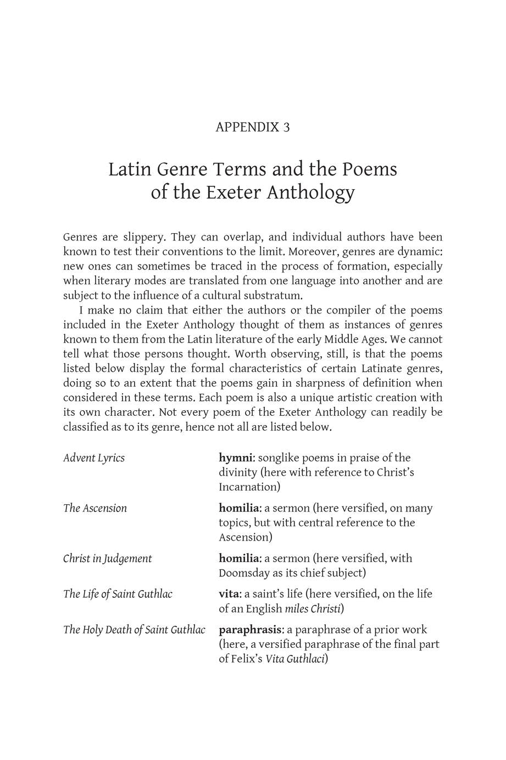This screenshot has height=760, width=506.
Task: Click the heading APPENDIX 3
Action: pyautogui.click(x=253, y=127)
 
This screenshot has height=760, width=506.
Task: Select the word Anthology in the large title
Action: pyautogui.click(x=310, y=192)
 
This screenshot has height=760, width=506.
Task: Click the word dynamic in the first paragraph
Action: pyautogui.click(x=422, y=252)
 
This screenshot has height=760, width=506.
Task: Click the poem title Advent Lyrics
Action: pyautogui.click(x=94, y=458)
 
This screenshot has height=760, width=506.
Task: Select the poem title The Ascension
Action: pyautogui.click(x=95, y=508)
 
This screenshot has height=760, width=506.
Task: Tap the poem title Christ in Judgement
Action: pyautogui.click(x=108, y=559)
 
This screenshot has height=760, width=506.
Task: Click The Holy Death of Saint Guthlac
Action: pyautogui.click(x=135, y=630)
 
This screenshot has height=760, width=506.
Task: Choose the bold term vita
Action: pyautogui.click(x=229, y=594)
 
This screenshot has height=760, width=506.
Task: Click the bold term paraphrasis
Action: pyautogui.click(x=251, y=630)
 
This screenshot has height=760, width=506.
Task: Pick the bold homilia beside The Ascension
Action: pyautogui.click(x=239, y=508)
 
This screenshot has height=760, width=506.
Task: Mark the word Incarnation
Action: pyautogui.click(x=248, y=487)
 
